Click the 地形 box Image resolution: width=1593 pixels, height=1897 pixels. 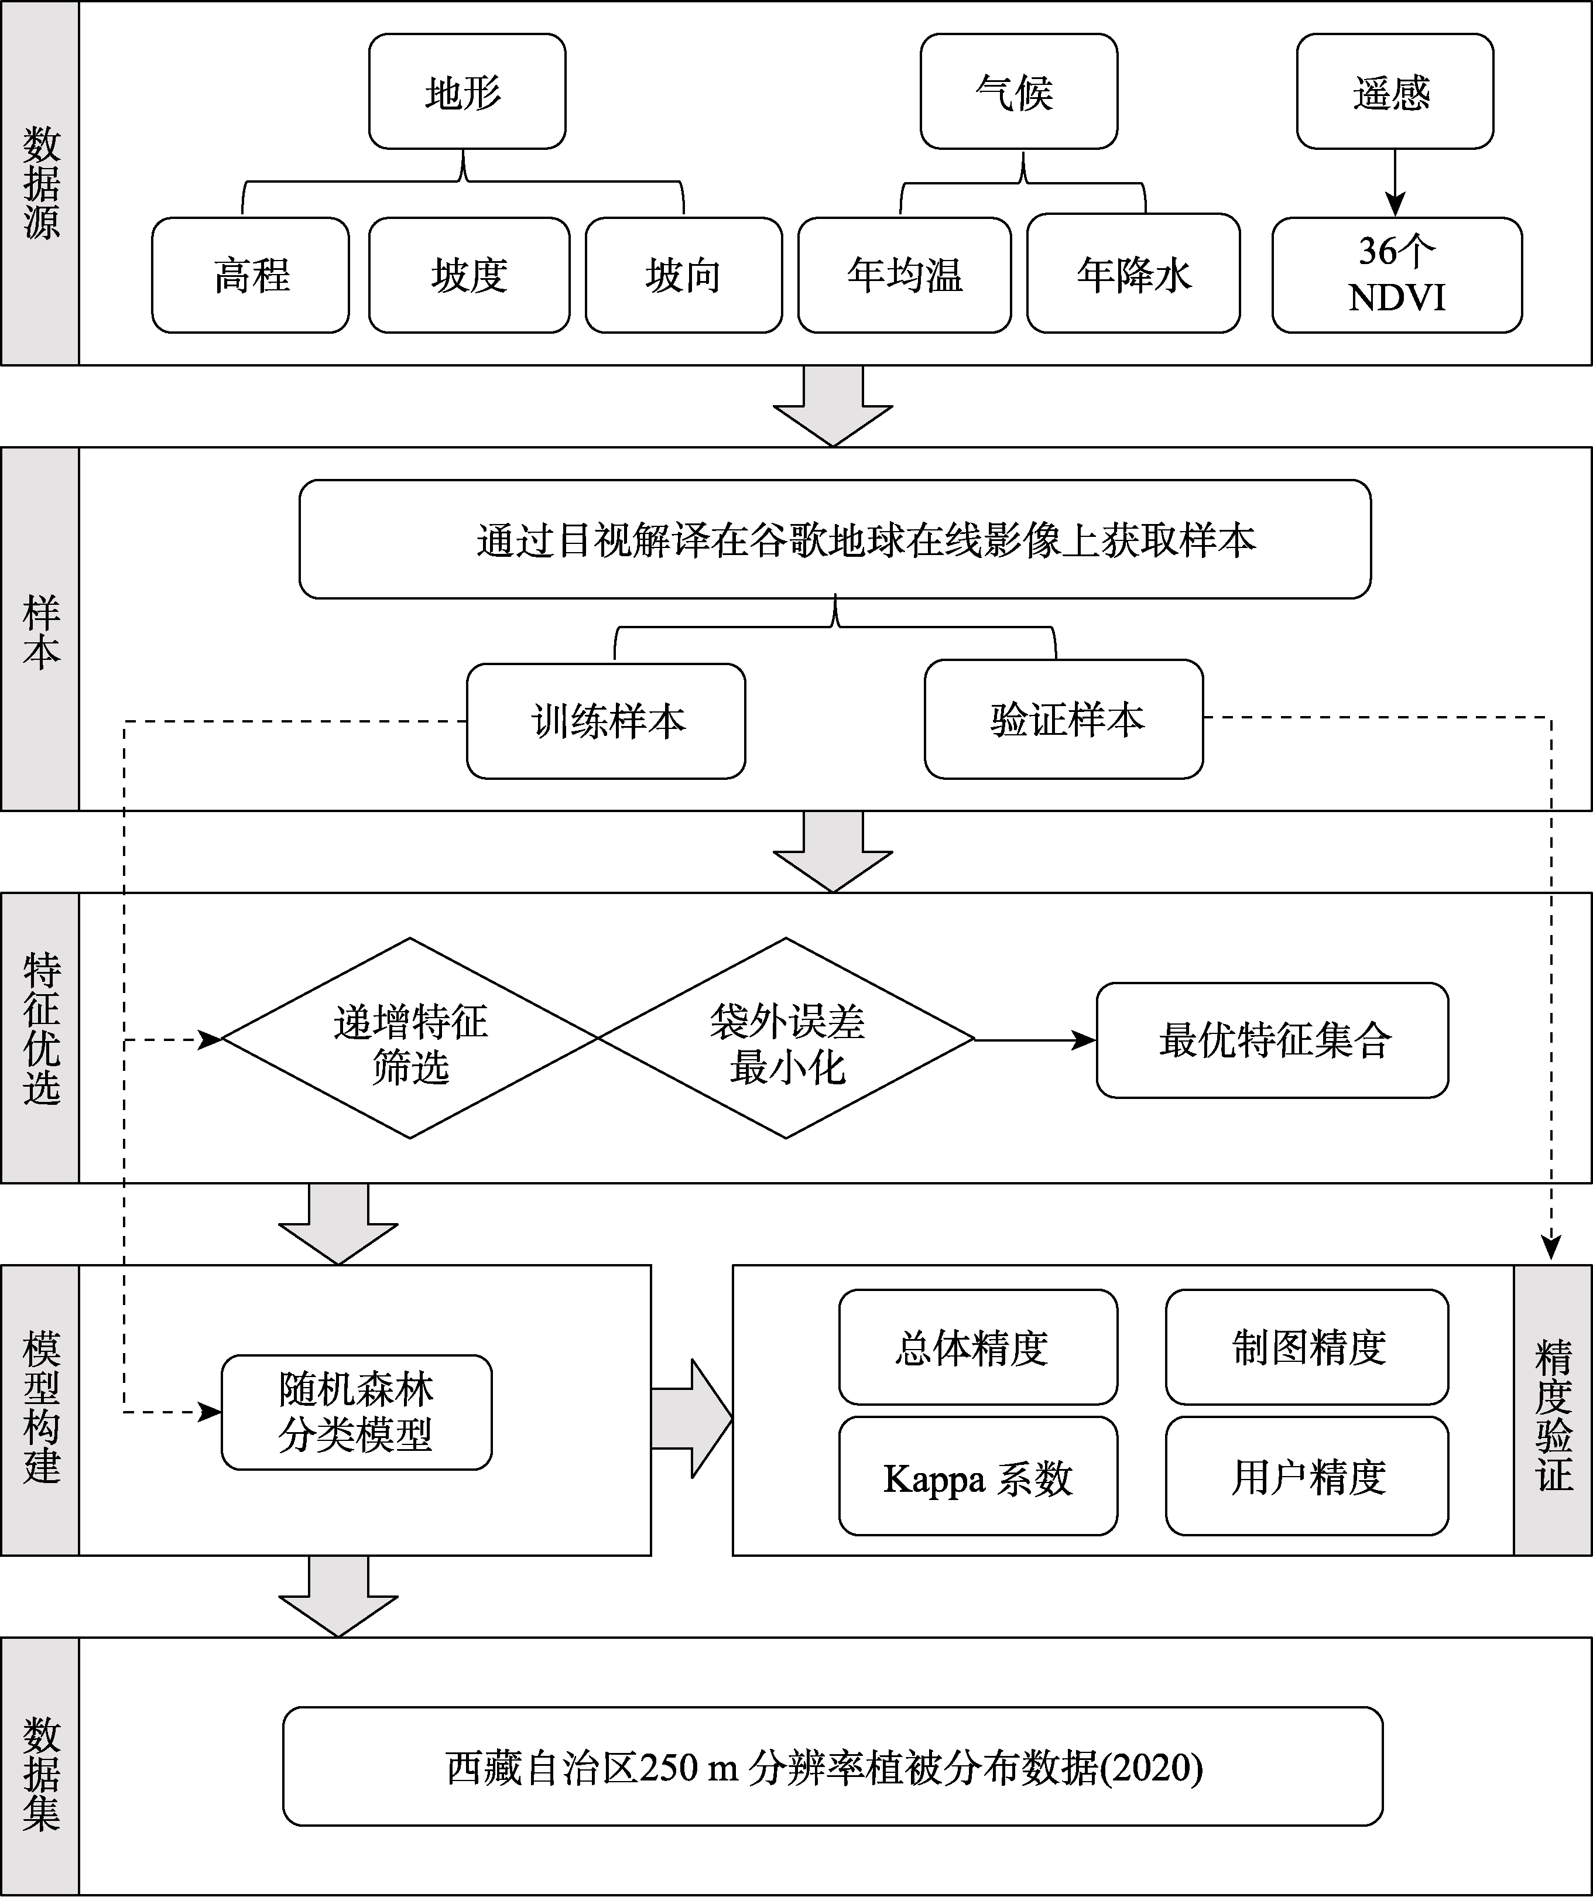point(467,91)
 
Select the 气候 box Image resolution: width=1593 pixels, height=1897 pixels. point(1019,91)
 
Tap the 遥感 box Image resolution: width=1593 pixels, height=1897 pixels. point(1395,91)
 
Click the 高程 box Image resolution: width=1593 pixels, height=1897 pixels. point(250,275)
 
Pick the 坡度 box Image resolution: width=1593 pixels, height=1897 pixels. point(469,275)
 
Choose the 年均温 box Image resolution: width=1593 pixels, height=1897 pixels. point(904,275)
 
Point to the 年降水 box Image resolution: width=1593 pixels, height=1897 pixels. point(1133,273)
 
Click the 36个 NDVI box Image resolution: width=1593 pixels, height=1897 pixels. point(1397,275)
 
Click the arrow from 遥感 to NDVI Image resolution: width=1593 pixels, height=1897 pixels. point(1395,183)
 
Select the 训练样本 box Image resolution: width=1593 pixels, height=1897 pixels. point(606,721)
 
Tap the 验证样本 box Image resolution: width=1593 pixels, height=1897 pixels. point(1064,719)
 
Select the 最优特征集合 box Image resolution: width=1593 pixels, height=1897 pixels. point(1272,1040)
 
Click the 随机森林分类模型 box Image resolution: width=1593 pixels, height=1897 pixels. point(357,1412)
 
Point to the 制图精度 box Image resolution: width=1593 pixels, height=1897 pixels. point(1307,1347)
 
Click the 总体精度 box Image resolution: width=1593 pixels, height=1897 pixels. point(978,1347)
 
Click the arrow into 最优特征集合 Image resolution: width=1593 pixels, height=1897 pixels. point(1036,1040)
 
